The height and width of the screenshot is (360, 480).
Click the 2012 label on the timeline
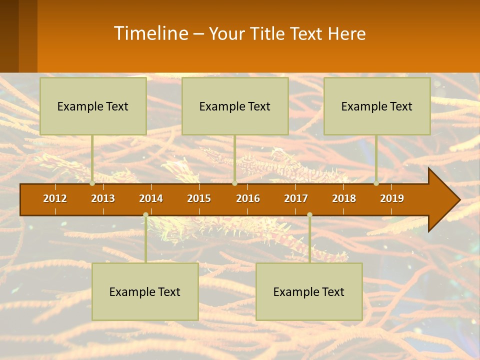click(55, 198)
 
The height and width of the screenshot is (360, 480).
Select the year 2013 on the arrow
click(103, 198)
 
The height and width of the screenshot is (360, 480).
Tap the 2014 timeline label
click(151, 198)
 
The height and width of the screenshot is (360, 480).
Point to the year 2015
click(199, 198)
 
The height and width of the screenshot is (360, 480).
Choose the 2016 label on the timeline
click(248, 198)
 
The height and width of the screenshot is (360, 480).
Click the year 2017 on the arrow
click(296, 198)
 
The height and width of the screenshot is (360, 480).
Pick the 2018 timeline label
click(344, 198)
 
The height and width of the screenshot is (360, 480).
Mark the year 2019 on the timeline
click(392, 198)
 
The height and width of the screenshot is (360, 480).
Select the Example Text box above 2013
click(93, 106)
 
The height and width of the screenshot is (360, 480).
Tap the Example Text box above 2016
click(235, 106)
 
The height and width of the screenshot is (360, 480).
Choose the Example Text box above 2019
click(377, 106)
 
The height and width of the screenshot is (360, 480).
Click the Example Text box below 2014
click(145, 291)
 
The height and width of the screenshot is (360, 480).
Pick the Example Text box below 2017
click(309, 291)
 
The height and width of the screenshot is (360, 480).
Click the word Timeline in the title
click(150, 33)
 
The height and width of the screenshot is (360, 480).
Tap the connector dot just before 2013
click(92, 183)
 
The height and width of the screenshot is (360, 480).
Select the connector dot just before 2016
click(234, 183)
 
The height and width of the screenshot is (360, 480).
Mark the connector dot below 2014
click(145, 214)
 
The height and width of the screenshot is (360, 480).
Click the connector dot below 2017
click(309, 214)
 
